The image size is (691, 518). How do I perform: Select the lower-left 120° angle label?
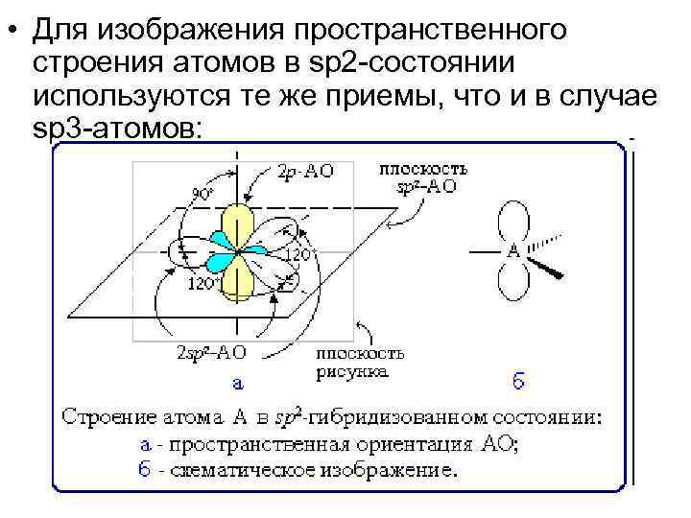pos(201,285)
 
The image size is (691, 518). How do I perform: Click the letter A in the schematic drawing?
pos(512,252)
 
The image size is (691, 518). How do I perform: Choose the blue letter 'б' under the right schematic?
pos(516,382)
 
